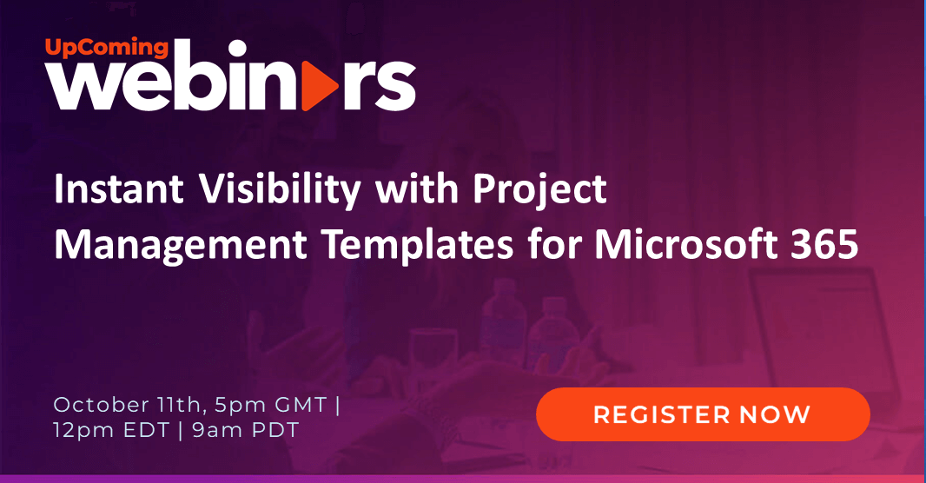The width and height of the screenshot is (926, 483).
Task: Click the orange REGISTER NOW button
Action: [x=703, y=414]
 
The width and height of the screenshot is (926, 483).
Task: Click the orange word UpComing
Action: [x=107, y=48]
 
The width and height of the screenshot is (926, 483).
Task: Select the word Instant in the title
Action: [x=118, y=189]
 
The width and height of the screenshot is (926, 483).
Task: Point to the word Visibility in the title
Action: [x=280, y=191]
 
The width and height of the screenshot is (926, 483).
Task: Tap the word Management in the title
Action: [x=180, y=245]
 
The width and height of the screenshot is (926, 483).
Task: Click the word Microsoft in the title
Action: [x=685, y=244]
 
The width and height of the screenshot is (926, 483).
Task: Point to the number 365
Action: [x=824, y=244]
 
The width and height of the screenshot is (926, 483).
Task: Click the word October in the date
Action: [x=101, y=405]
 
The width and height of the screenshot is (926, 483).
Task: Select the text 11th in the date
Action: [x=180, y=405]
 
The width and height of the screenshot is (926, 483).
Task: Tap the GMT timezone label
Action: [x=301, y=405]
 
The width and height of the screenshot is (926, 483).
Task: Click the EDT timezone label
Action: [x=147, y=430]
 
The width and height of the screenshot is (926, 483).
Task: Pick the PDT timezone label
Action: [x=275, y=430]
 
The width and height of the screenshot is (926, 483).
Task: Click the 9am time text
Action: [x=218, y=430]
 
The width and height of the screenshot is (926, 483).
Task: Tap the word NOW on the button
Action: [x=775, y=414]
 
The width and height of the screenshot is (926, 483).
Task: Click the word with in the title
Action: [x=416, y=189]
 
